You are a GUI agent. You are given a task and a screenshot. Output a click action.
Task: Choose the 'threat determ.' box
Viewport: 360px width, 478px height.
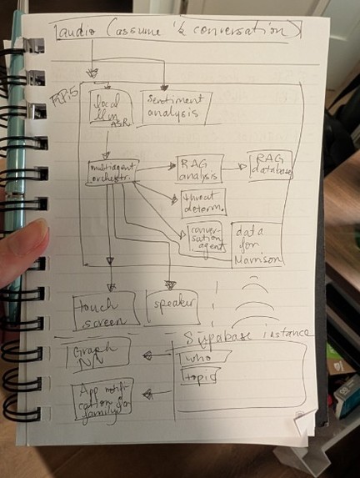coord(202,201)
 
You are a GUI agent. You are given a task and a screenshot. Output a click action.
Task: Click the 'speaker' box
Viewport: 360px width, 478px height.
coord(170,306)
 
